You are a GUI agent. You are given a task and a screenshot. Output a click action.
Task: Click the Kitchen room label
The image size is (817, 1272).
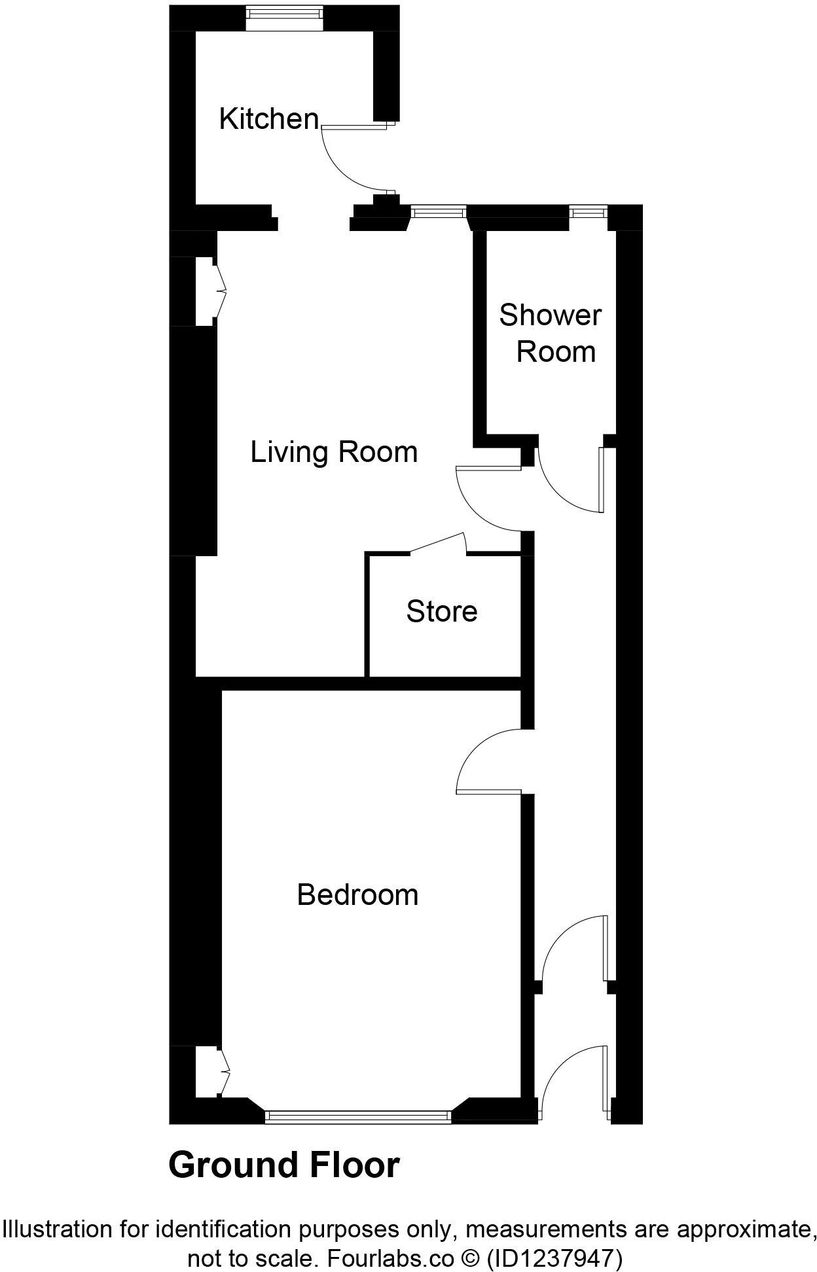pyautogui.click(x=268, y=119)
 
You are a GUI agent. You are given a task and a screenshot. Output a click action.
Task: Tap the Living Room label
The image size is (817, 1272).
pyautogui.click(x=334, y=452)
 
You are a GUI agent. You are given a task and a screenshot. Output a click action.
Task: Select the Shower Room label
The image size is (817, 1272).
pyautogui.click(x=550, y=333)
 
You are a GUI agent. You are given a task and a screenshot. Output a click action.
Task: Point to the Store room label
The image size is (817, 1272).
pyautogui.click(x=442, y=611)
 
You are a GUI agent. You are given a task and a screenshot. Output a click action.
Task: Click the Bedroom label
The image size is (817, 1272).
pyautogui.click(x=357, y=894)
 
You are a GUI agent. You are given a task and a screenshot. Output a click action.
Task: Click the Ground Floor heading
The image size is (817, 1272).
pyautogui.click(x=284, y=1165)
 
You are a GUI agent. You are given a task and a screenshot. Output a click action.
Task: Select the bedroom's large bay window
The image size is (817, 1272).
pyautogui.click(x=358, y=1116)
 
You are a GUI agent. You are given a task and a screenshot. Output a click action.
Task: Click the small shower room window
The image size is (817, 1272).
pyautogui.click(x=589, y=211)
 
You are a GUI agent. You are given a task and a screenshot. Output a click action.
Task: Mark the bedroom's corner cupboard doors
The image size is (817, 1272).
pyautogui.click(x=221, y=1070)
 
